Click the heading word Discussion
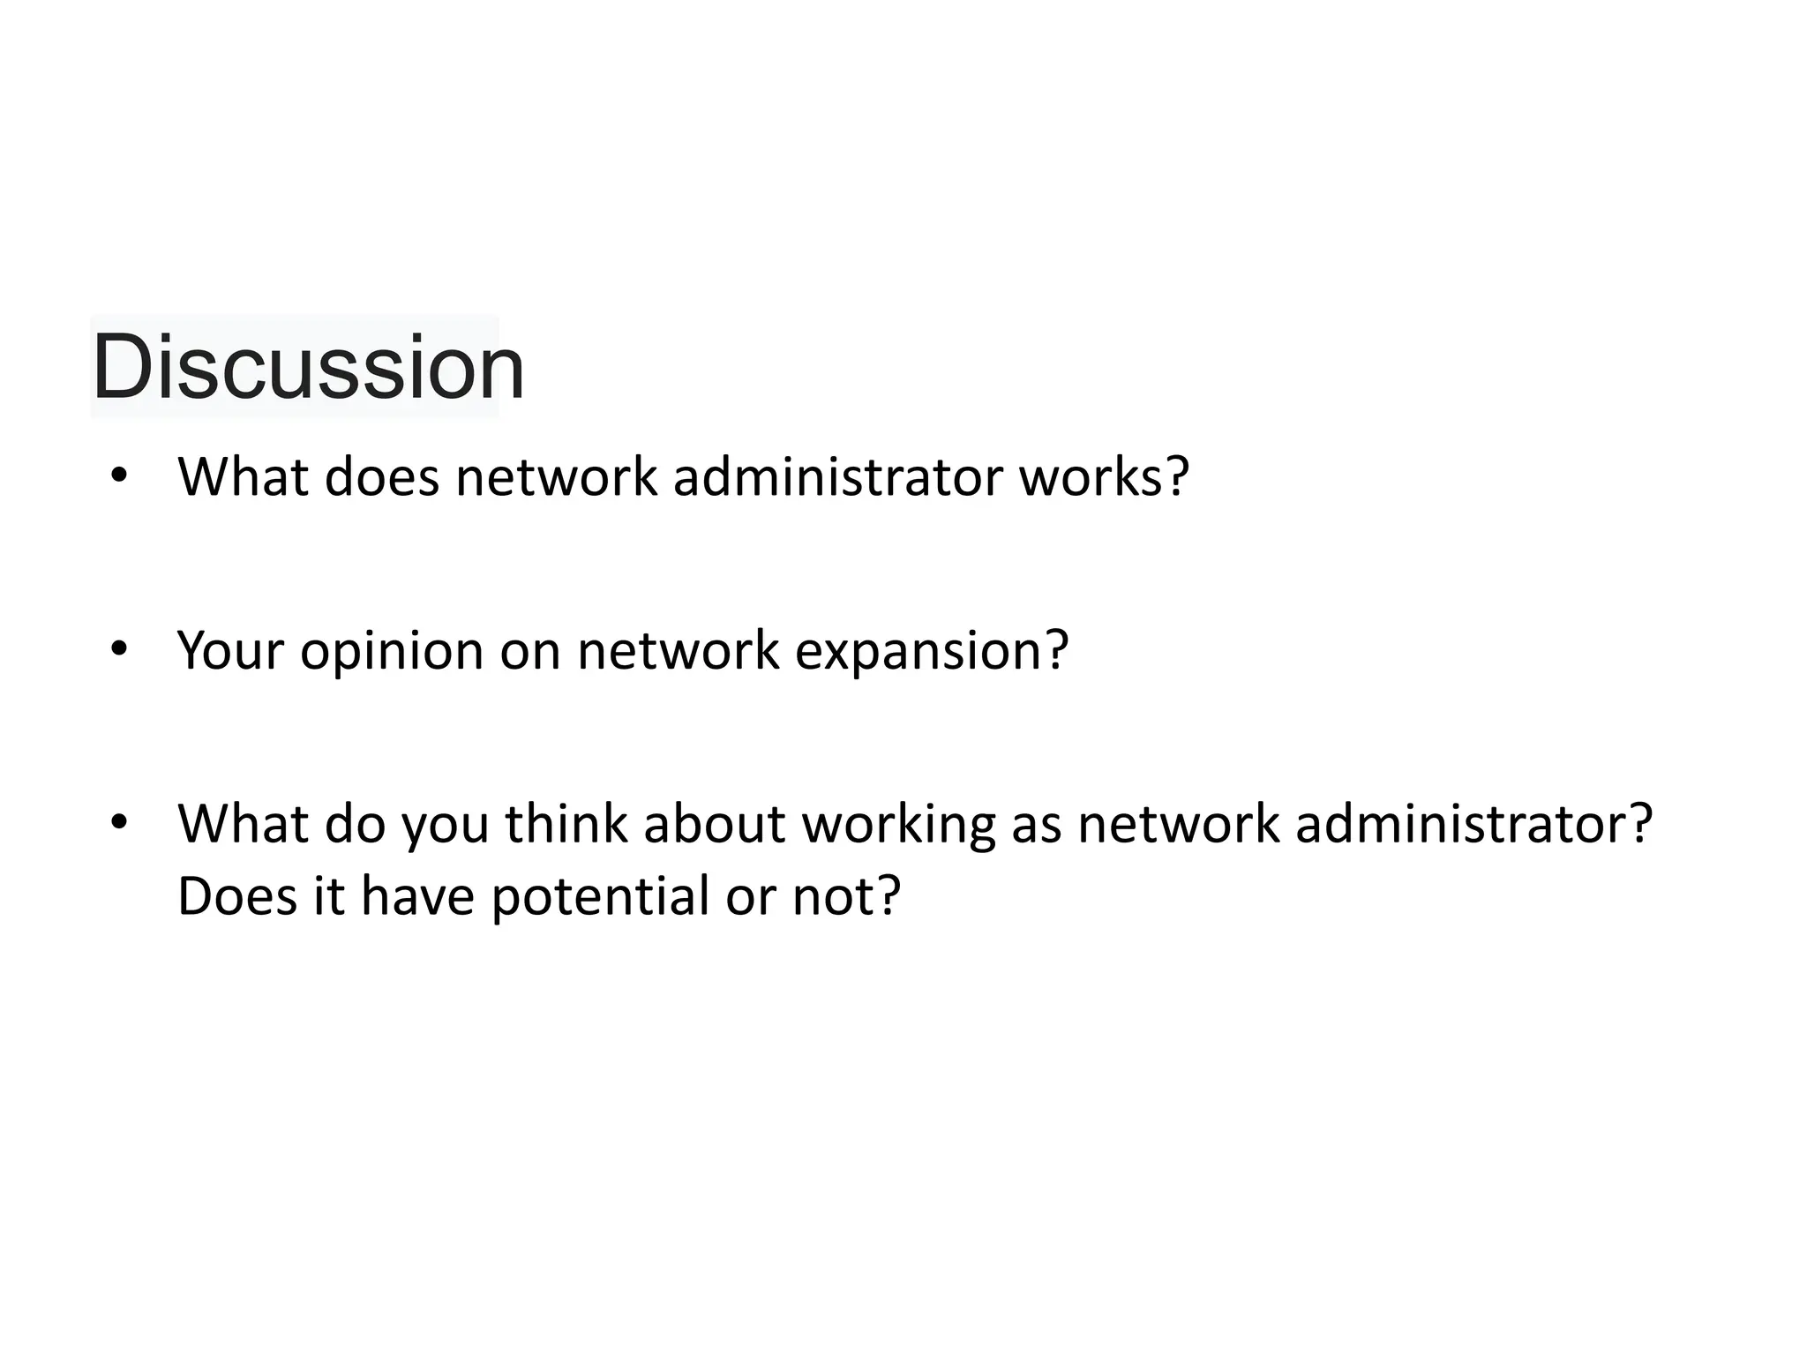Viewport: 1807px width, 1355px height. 308,366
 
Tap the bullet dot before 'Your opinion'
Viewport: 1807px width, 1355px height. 119,648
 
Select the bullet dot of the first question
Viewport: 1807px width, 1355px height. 119,475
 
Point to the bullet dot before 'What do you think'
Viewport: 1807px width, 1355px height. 119,822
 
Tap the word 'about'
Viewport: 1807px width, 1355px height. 713,823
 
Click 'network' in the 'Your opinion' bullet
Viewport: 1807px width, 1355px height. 678,650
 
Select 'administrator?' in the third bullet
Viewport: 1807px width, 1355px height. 1473,823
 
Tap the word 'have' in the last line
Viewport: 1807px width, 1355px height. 417,895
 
